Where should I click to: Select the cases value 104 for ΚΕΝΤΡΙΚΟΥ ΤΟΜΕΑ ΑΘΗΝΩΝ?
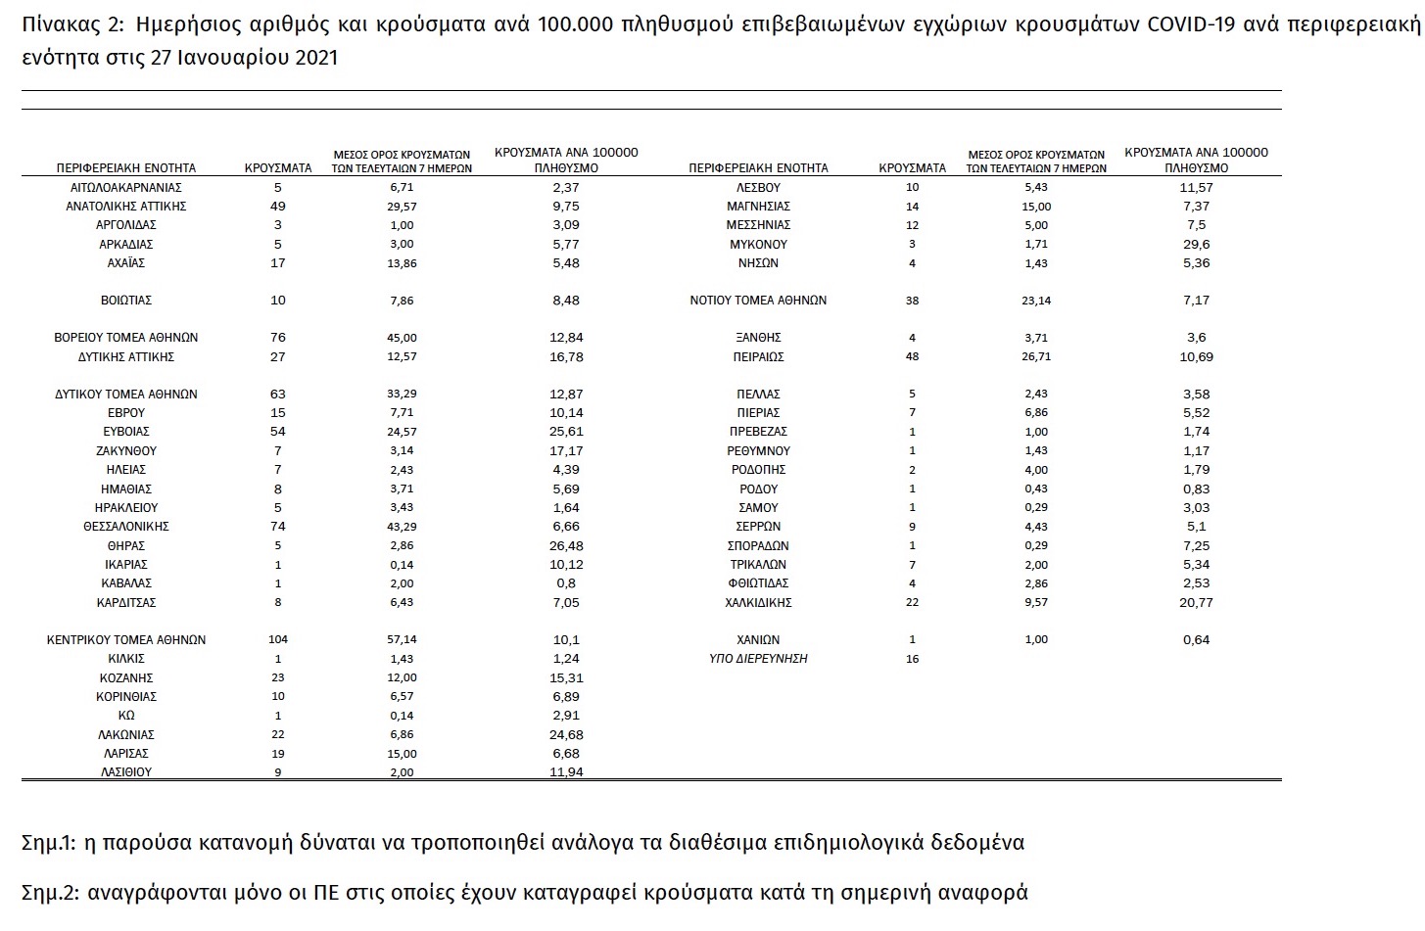278,639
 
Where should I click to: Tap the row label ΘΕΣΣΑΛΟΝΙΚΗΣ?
126,527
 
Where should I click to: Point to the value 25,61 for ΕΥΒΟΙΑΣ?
566,432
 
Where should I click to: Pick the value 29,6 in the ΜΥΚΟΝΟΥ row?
1196,244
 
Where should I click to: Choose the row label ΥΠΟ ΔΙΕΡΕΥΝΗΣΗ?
758,659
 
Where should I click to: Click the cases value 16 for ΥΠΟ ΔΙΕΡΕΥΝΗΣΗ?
913,659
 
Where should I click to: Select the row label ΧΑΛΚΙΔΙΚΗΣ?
758,602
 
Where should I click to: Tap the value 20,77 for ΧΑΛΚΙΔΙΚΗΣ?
1196,602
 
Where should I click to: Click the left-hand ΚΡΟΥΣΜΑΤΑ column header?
278,168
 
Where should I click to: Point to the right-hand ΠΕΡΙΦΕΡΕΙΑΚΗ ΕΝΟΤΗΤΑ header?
758,168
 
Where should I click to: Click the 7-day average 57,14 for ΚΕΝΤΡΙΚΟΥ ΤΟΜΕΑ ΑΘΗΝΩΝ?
402,639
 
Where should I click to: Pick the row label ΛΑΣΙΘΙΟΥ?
126,771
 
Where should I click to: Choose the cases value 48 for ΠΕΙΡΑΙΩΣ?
913,356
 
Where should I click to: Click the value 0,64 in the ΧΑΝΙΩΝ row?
1196,639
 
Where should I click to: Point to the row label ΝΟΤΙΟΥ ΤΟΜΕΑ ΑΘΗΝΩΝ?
758,301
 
